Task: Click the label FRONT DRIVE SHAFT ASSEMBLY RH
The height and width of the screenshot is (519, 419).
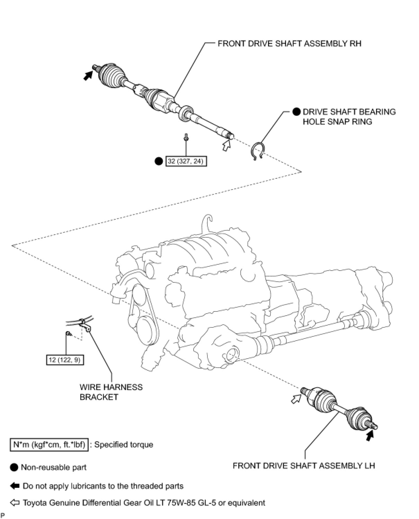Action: [x=289, y=43]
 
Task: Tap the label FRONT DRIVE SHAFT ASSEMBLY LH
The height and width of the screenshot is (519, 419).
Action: [x=304, y=465]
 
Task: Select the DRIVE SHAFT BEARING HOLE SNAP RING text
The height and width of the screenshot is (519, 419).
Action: [x=349, y=116]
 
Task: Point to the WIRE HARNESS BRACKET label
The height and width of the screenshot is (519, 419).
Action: [x=111, y=392]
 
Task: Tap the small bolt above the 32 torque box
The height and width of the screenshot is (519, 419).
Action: [x=186, y=138]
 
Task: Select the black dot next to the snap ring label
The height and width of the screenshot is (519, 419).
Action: [x=296, y=112]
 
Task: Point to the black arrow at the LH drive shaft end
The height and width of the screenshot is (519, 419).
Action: [x=370, y=436]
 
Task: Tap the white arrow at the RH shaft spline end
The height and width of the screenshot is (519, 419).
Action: [x=226, y=145]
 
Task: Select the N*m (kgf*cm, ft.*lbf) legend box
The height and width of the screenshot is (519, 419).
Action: [x=49, y=445]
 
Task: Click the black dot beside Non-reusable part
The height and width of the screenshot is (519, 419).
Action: [x=14, y=467]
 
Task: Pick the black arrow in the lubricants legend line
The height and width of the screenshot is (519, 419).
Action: [x=15, y=486]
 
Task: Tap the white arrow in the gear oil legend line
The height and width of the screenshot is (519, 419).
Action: [x=15, y=502]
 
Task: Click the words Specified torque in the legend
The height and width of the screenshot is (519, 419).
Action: [x=124, y=445]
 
